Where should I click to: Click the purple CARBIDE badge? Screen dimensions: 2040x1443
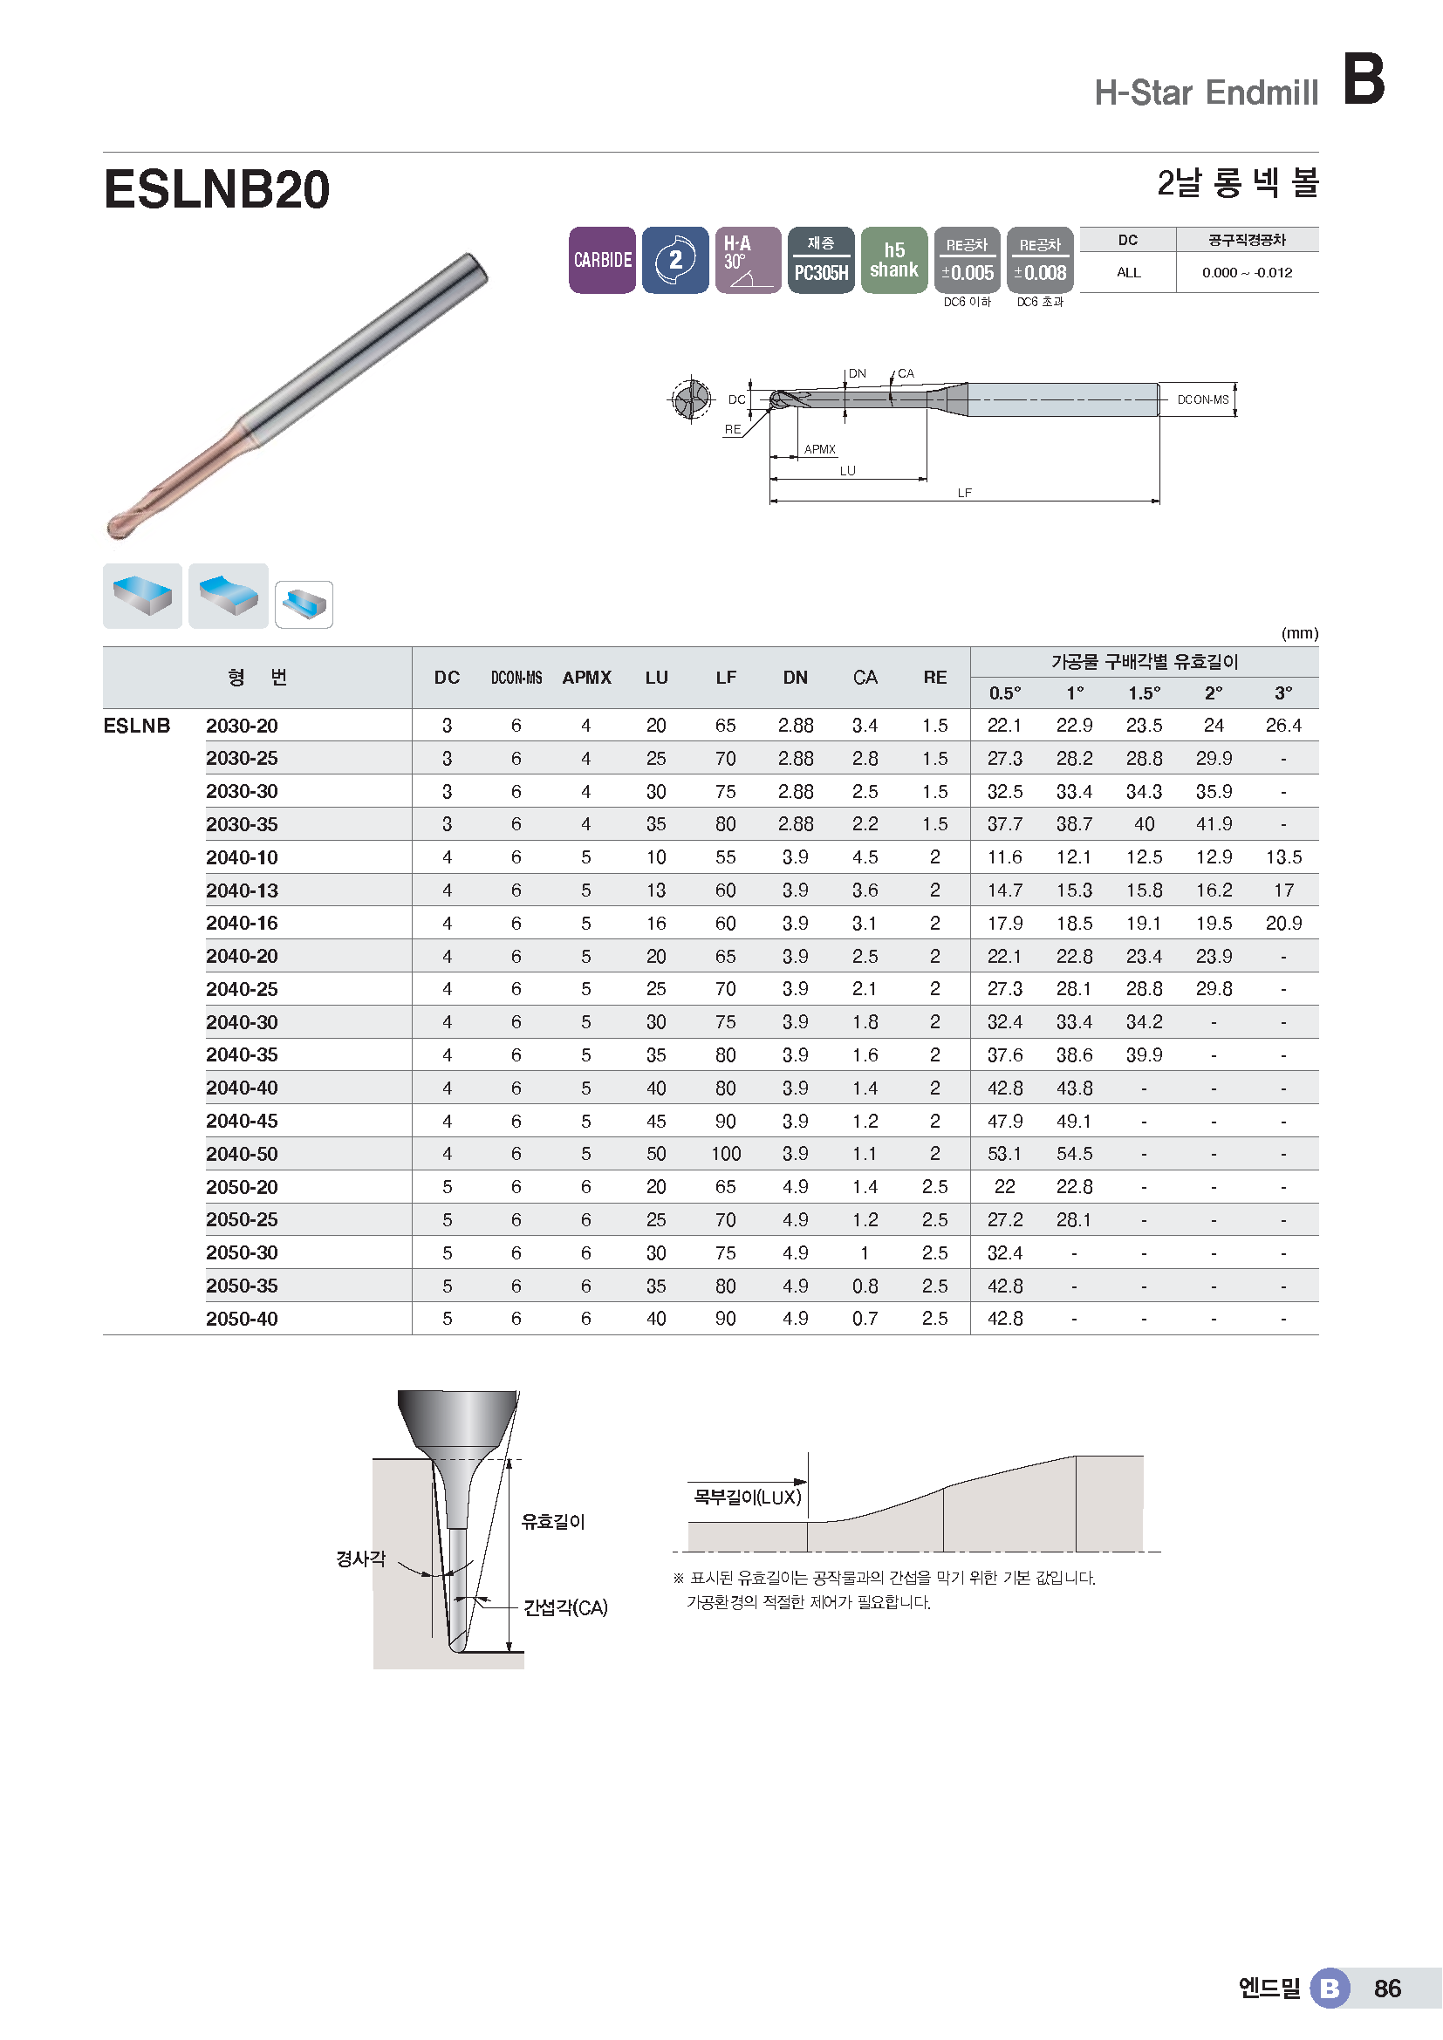coord(602,259)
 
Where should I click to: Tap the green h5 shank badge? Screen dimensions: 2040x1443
coord(894,259)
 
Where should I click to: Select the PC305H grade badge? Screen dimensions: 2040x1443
coord(821,259)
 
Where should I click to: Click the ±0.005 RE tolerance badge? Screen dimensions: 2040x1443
coord(967,259)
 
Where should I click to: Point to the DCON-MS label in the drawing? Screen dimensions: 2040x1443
coord(1202,399)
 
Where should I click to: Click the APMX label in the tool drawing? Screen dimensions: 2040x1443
coord(819,449)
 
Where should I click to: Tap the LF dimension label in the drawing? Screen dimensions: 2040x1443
coord(964,493)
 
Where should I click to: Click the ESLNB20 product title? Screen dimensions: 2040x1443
coord(217,189)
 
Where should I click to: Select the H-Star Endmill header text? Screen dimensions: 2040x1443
coord(1206,92)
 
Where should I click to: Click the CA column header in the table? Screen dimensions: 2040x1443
coord(865,678)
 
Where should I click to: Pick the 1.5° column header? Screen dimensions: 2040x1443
coord(1144,693)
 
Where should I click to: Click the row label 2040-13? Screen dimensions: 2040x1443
coord(242,890)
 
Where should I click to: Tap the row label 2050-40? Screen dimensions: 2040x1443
coord(242,1319)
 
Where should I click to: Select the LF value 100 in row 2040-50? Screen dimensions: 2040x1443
coord(725,1154)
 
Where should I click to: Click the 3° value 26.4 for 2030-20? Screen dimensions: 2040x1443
coord(1283,726)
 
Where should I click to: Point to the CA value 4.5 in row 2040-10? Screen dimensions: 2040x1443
coord(865,857)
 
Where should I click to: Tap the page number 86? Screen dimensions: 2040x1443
coord(1387,1989)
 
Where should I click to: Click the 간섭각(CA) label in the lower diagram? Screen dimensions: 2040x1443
coord(565,1607)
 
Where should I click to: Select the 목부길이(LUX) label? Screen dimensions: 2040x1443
coord(748,1498)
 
